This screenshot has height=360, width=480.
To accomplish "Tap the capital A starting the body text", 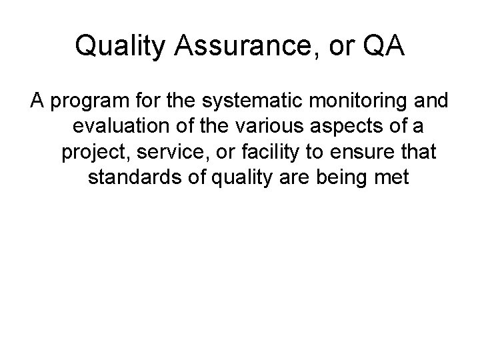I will pos(36,103).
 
